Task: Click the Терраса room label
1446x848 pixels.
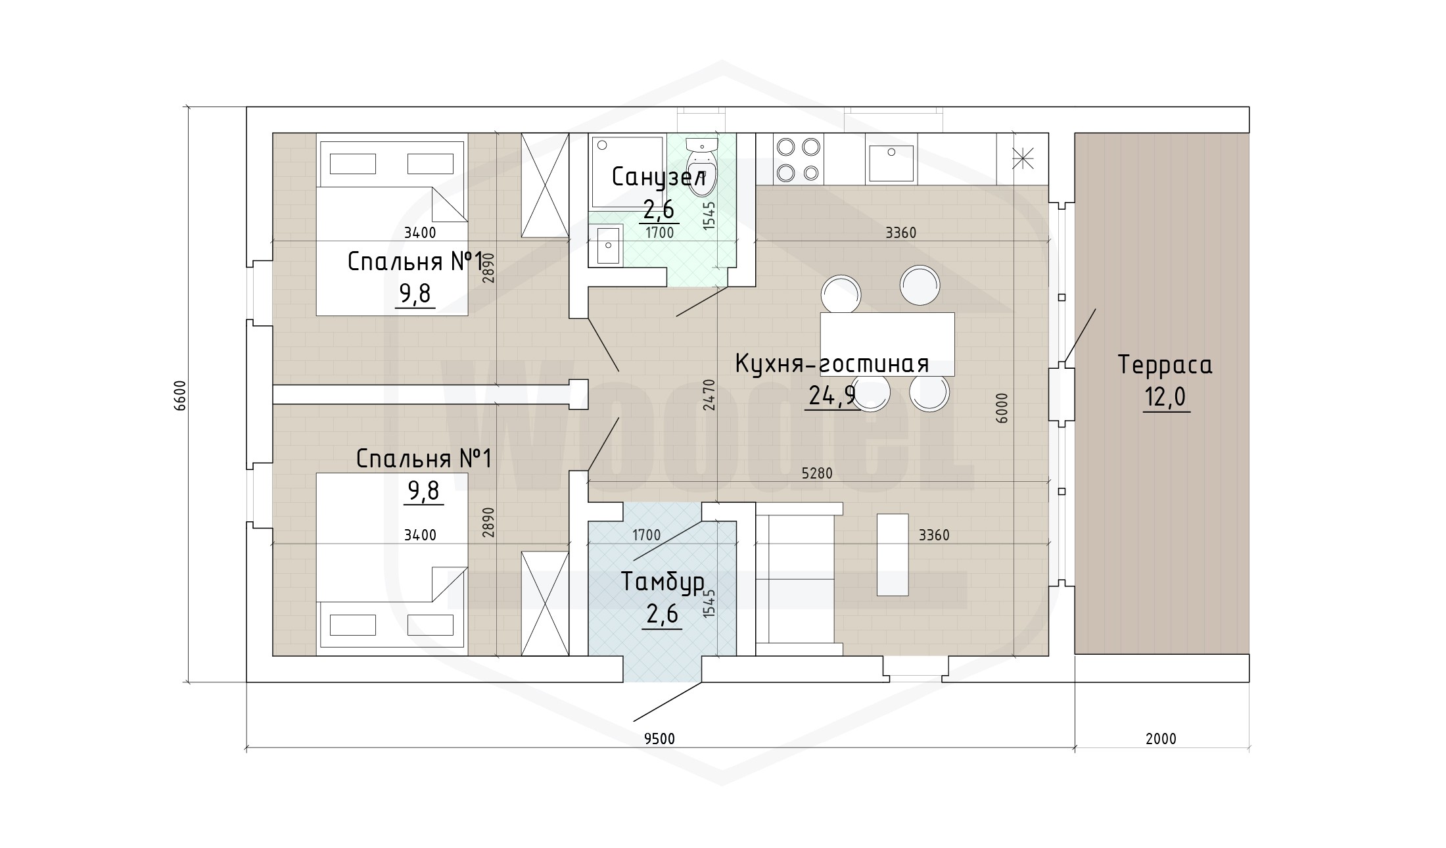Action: coord(1165,365)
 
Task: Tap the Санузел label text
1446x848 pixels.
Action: coord(659,177)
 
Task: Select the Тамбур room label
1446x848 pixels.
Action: coord(663,582)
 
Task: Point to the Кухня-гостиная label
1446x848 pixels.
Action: coord(831,363)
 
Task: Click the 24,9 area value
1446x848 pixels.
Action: coord(831,396)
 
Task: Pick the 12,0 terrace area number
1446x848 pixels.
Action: coord(1166,398)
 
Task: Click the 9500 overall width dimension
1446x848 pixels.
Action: coord(659,739)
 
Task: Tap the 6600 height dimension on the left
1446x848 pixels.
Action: coord(181,395)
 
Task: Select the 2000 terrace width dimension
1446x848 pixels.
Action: coord(1161,739)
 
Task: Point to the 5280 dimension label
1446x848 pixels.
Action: coord(817,473)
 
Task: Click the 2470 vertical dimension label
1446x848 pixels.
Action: coord(709,395)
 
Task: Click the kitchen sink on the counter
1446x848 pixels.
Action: coord(891,163)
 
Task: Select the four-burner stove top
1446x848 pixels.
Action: coord(798,159)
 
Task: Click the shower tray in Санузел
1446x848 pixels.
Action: coord(628,172)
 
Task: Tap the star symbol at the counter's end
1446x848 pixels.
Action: coord(1023,159)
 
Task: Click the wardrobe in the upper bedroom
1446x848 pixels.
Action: coord(545,185)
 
